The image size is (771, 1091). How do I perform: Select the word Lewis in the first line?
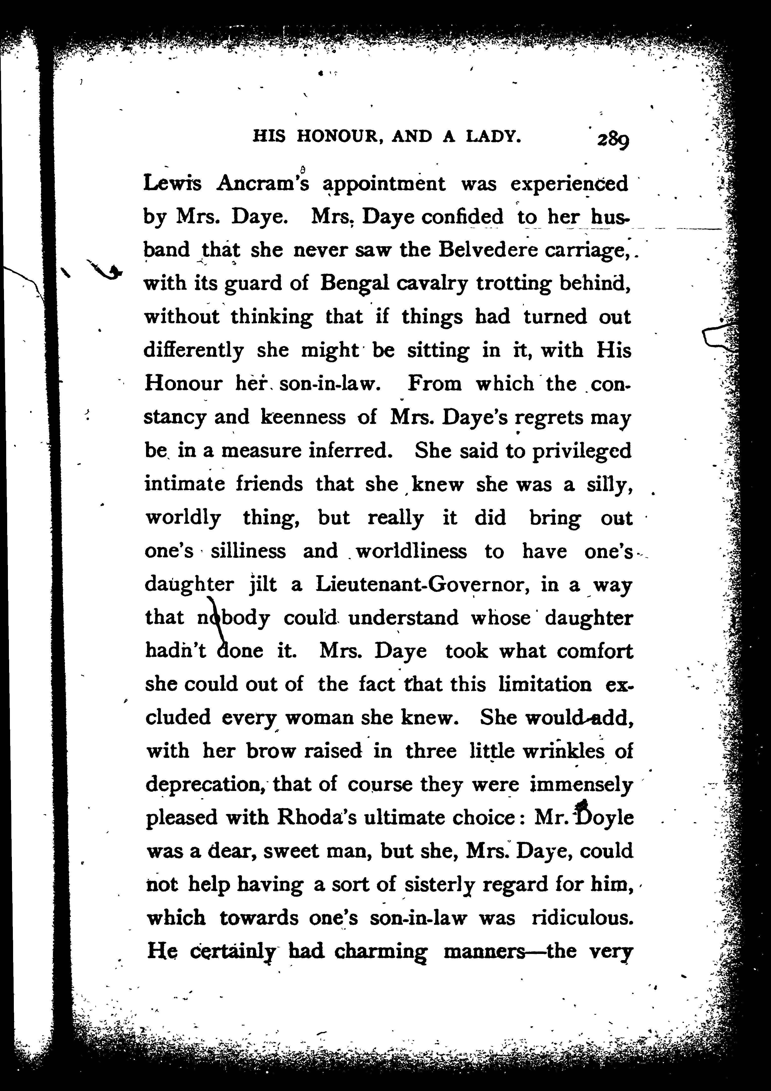[172, 183]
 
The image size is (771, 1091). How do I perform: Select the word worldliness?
[411, 551]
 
